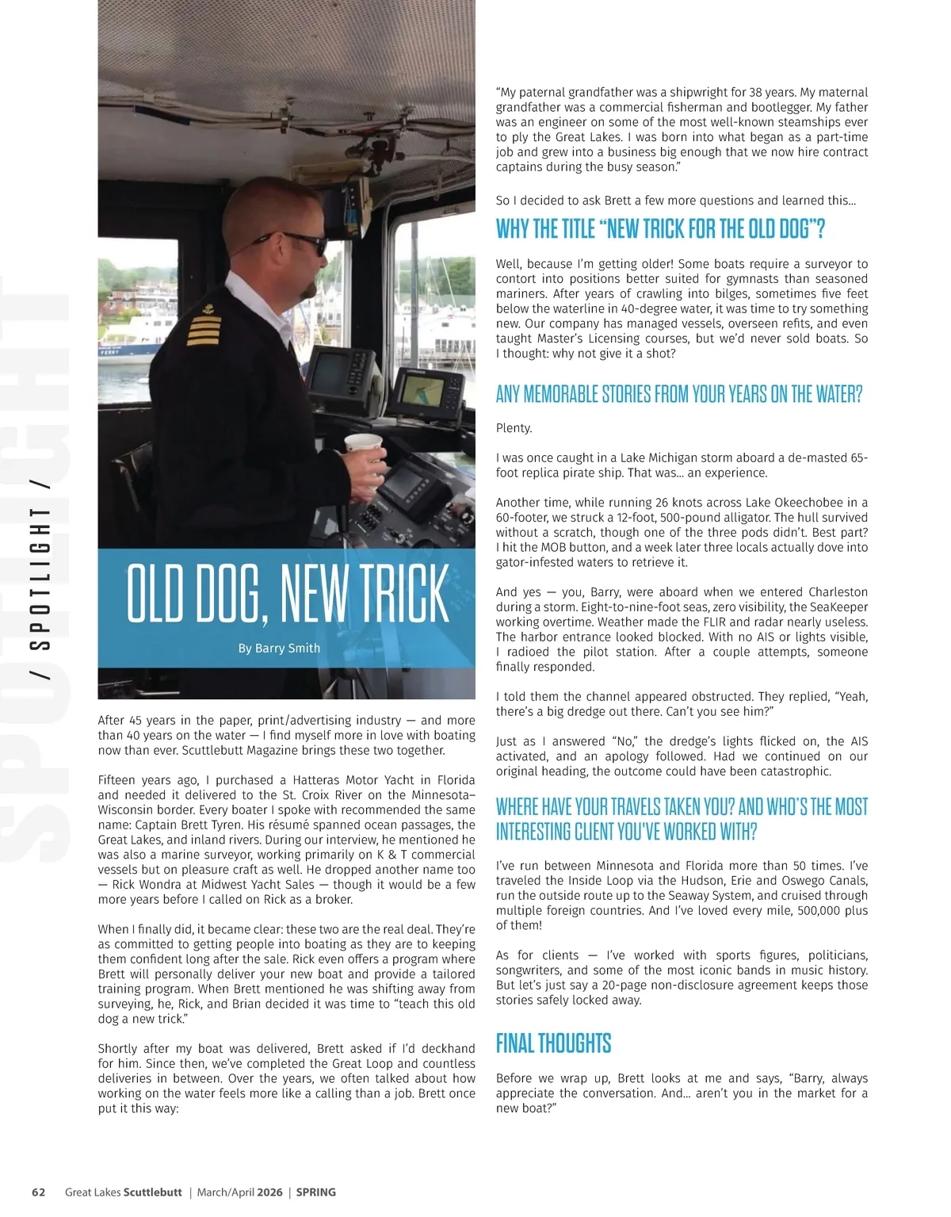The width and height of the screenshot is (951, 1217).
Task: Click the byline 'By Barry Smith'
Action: click(279, 648)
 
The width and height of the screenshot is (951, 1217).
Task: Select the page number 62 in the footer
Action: click(38, 1192)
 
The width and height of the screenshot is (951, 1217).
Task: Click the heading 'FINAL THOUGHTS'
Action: click(553, 1043)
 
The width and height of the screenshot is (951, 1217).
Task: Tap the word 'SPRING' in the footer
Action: click(316, 1192)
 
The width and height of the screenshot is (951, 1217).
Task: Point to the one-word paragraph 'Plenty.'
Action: click(514, 428)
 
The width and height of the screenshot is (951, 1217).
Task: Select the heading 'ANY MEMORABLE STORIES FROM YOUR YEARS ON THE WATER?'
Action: click(678, 394)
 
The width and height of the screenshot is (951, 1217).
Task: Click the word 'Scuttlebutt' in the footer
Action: click(154, 1192)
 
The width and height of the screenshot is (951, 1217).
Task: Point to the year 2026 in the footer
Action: click(269, 1192)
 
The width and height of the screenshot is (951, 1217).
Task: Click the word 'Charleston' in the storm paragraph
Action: click(838, 592)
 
